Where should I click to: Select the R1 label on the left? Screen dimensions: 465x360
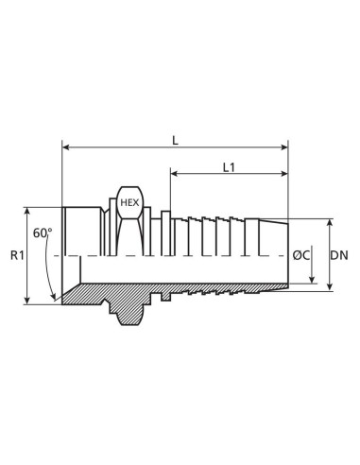pos(16,255)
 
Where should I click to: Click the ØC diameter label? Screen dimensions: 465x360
pos(302,255)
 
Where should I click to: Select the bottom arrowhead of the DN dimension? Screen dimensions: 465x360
pos(329,287)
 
